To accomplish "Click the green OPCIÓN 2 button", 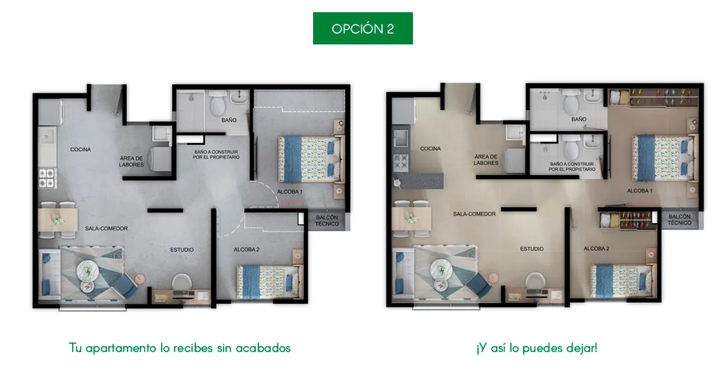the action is (363, 28).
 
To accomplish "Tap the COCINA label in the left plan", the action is (81, 150).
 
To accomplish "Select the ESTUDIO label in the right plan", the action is (532, 249).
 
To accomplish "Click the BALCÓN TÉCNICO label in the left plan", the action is (327, 221).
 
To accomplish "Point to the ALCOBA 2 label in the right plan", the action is (596, 248).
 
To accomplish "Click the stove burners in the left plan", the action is (47, 178).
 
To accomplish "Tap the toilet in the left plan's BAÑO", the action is (217, 104).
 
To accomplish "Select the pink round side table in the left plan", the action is (140, 279).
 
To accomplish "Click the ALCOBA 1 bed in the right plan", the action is (664, 158).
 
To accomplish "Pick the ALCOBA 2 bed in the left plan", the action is (269, 282).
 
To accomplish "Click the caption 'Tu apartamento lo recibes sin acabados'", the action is (180, 348).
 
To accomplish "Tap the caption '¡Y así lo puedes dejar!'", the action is (537, 348).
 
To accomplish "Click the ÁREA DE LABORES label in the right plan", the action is (486, 160).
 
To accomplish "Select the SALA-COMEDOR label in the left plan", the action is (106, 228).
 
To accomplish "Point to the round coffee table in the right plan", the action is (441, 268).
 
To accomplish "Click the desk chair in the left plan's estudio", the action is (182, 282).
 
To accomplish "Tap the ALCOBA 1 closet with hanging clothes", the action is (654, 98).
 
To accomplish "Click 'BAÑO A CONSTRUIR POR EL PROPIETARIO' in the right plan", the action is (571, 167).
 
